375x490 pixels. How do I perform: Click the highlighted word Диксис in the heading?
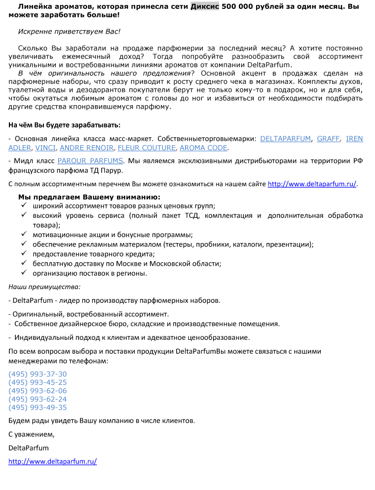pyautogui.click(x=205, y=7)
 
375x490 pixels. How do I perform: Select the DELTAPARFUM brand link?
pyautogui.click(x=286, y=139)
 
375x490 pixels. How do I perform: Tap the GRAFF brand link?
pyautogui.click(x=328, y=139)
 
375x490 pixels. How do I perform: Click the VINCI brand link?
pyautogui.click(x=45, y=148)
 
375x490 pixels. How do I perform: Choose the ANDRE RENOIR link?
pyautogui.click(x=87, y=148)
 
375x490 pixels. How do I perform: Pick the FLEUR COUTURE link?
pyautogui.click(x=147, y=148)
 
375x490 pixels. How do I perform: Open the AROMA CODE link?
pyautogui.click(x=203, y=148)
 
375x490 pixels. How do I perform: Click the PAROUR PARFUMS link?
pyautogui.click(x=90, y=161)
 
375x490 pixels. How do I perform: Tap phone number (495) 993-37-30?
pyautogui.click(x=37, y=374)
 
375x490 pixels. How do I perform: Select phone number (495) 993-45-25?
pyautogui.click(x=37, y=382)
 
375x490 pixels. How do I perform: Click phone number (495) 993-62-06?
pyautogui.click(x=37, y=391)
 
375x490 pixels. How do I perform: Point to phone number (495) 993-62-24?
pyautogui.click(x=37, y=399)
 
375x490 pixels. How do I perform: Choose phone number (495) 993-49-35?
pyautogui.click(x=37, y=408)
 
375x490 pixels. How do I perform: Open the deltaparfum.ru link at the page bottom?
pyautogui.click(x=53, y=462)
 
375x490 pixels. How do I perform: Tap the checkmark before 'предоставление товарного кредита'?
pyautogui.click(x=23, y=254)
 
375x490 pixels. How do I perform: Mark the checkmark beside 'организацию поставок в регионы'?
pyautogui.click(x=23, y=273)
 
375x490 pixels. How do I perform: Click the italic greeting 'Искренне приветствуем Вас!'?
pyautogui.click(x=69, y=31)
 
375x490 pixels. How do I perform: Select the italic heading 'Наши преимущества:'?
pyautogui.click(x=44, y=286)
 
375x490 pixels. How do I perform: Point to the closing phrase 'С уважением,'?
pyautogui.click(x=32, y=435)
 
